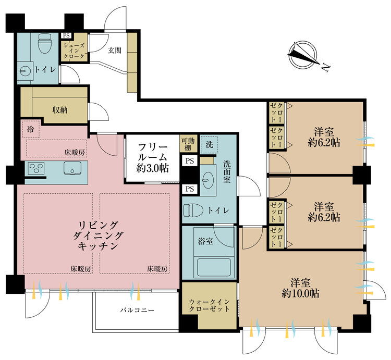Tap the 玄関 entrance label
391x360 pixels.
[115, 51]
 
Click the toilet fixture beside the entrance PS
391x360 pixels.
[45, 43]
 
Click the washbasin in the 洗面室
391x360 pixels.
[210, 180]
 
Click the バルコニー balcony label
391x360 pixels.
[137, 311]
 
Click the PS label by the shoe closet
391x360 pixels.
[66, 35]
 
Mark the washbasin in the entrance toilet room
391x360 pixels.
[26, 71]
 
